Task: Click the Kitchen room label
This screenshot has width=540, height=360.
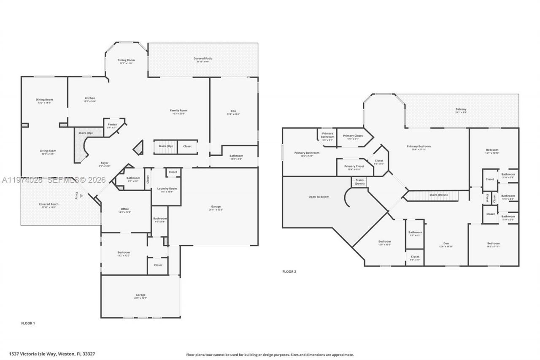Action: [x=90, y=98]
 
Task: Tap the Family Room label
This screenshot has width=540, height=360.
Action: [x=179, y=111]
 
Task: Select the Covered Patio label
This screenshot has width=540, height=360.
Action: [x=202, y=59]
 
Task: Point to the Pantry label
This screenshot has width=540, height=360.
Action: [x=112, y=125]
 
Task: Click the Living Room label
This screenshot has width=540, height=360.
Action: [x=48, y=151]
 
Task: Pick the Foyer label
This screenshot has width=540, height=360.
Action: [x=105, y=163]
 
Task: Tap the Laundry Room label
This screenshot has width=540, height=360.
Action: [x=167, y=189]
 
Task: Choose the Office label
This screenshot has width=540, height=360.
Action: [x=124, y=209]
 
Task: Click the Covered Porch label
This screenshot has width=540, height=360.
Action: [x=49, y=204]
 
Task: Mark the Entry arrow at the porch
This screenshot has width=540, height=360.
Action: [x=81, y=195]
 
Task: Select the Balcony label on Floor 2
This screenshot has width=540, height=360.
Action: [x=461, y=109]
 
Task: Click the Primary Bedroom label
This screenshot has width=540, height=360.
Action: [x=418, y=146]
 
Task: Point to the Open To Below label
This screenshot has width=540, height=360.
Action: [x=319, y=197]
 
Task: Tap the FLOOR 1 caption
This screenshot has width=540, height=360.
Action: [x=28, y=323]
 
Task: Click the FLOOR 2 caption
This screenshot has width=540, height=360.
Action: [x=289, y=271]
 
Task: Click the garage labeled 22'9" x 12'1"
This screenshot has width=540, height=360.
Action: [x=140, y=295]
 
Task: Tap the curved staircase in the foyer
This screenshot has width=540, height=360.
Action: [x=83, y=146]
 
